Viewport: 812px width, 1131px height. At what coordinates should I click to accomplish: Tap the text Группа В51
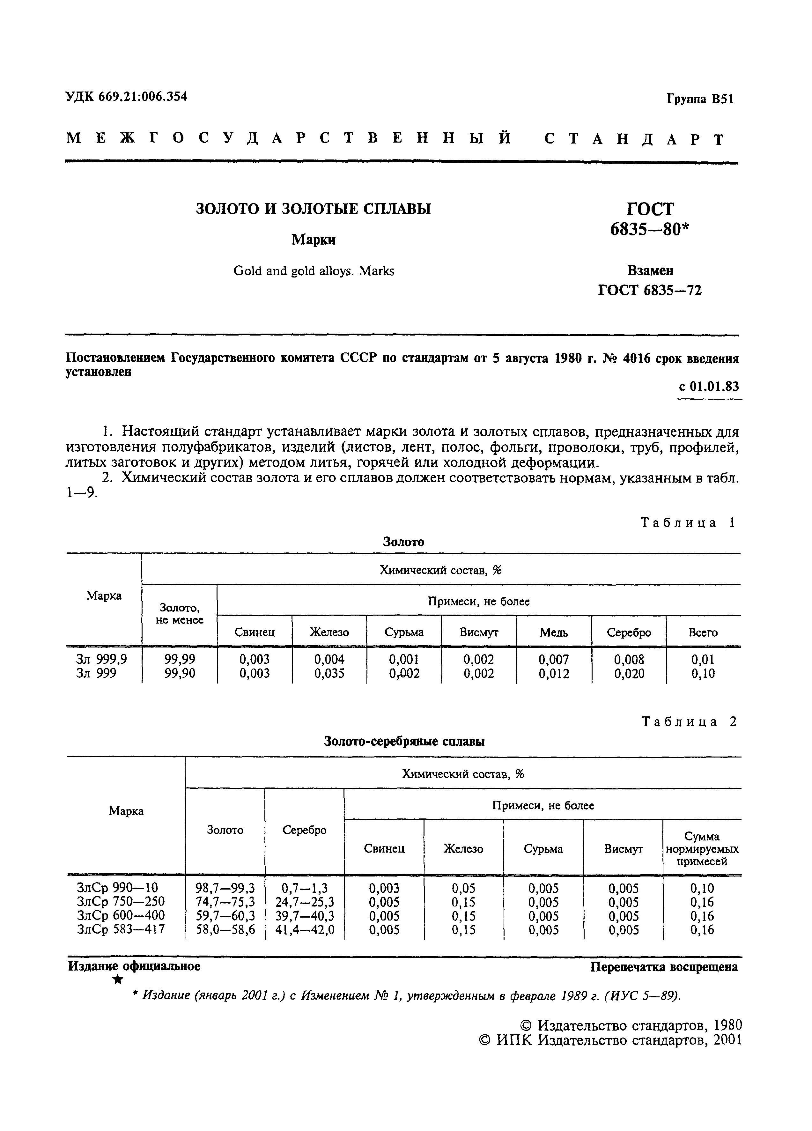pos(700,99)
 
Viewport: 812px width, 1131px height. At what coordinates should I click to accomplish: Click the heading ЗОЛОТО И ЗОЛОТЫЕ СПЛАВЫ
pos(313,209)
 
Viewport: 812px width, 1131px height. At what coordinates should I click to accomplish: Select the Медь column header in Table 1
pos(554,633)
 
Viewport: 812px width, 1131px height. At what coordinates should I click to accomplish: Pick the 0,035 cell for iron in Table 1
pos(329,674)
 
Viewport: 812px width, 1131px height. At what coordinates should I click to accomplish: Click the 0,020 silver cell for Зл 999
pos(629,674)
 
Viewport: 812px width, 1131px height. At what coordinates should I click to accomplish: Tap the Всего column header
pos(703,633)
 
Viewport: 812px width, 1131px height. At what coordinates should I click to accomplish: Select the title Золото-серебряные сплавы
pos(404,742)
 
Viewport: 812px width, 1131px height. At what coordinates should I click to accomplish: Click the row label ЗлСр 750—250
pos(121,902)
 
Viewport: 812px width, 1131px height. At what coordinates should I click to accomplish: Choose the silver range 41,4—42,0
pos(304,929)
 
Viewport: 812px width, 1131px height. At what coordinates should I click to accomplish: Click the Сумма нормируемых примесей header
pos(702,849)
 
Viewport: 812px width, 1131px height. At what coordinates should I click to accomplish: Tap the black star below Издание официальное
pos(118,980)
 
